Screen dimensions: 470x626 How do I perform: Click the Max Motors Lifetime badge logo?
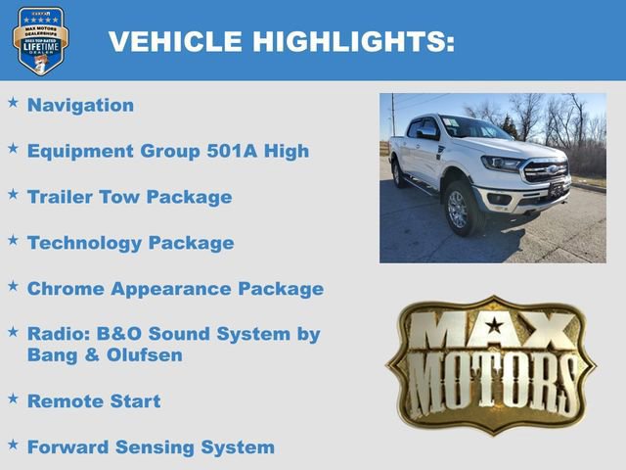[40, 40]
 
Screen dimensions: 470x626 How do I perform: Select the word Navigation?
[80, 105]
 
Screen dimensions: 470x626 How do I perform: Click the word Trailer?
[60, 197]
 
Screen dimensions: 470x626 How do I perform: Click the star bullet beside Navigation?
[13, 102]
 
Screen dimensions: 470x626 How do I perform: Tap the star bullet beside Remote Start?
[13, 398]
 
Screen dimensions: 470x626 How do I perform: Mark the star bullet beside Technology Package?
[13, 240]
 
